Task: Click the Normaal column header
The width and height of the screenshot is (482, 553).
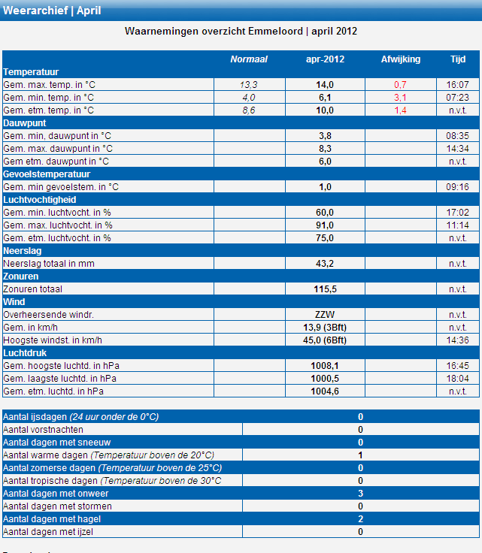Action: point(249,59)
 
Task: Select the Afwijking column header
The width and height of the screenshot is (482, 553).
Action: point(401,59)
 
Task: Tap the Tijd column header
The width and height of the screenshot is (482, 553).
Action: point(458,59)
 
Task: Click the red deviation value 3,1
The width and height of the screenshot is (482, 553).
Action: point(400,98)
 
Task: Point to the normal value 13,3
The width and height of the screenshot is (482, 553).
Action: point(249,85)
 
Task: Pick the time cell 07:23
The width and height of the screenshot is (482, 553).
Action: point(457,98)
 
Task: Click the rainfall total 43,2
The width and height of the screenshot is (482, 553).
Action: point(325,264)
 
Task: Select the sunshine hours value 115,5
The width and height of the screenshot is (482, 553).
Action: point(325,289)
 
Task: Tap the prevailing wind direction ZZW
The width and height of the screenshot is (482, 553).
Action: point(325,315)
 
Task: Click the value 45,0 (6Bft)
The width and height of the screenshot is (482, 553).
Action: point(325,340)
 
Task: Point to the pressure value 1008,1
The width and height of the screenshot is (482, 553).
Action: point(325,366)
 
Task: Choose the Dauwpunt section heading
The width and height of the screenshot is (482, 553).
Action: point(25,123)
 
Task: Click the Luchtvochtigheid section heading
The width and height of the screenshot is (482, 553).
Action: point(40,200)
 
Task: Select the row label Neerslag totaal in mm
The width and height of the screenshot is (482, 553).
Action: point(49,264)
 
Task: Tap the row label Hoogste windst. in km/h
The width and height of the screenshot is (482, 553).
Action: point(53,340)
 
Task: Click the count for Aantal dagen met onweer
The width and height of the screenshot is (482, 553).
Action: point(360,494)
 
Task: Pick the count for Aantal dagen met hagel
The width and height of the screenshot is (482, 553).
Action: point(360,518)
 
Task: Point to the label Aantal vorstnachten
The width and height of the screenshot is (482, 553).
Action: point(43,430)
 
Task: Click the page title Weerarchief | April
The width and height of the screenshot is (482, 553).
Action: point(52,11)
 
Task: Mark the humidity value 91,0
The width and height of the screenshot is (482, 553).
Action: point(325,225)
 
